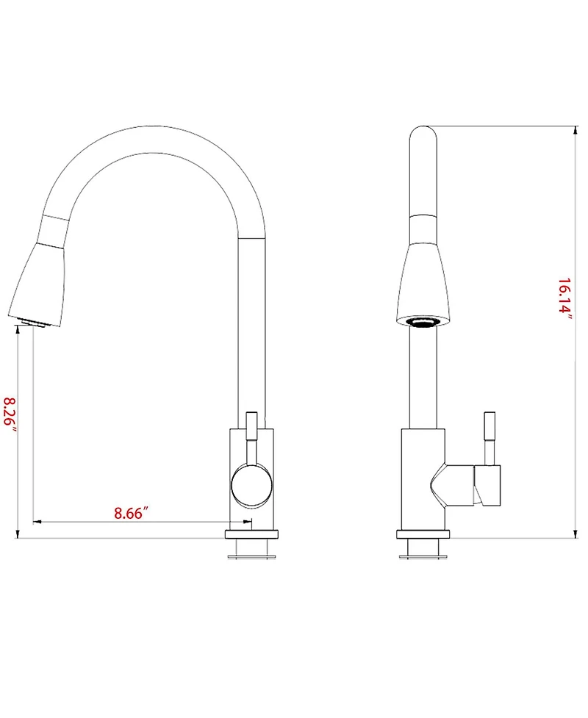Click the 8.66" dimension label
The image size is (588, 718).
(132, 512)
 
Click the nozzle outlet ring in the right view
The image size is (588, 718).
(423, 321)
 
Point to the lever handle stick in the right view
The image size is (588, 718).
(488, 437)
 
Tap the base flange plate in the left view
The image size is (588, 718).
(252, 534)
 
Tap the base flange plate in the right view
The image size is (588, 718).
(422, 534)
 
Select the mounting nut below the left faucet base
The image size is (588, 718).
(252, 548)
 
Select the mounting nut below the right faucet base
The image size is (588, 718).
(422, 548)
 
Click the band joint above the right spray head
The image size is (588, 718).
(423, 229)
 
